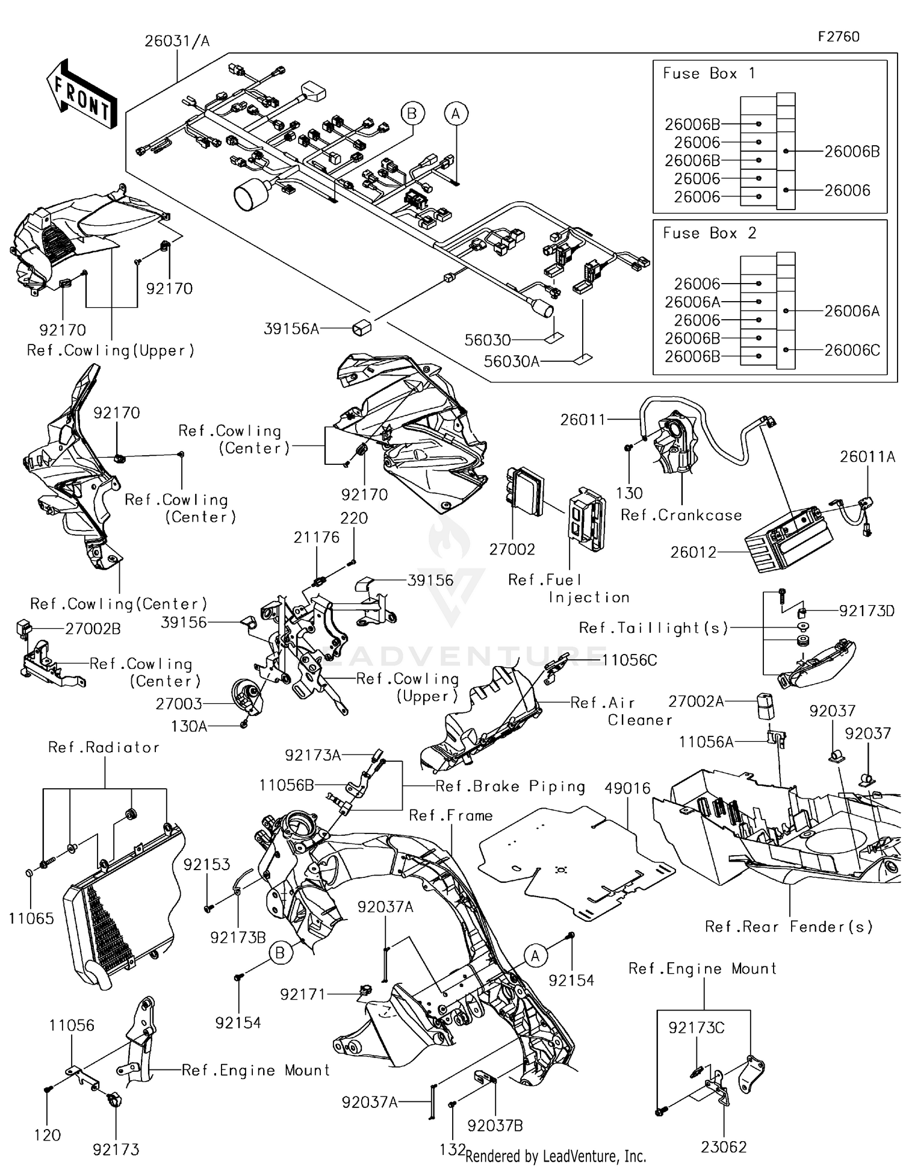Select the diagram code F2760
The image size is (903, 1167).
[838, 37]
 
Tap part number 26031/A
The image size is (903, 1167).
[176, 42]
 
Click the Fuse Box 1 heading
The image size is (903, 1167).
[708, 73]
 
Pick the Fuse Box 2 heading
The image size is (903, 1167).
[709, 233]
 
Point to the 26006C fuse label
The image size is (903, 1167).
[852, 350]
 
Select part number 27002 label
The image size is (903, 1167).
[512, 549]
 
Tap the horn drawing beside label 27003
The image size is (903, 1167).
[248, 696]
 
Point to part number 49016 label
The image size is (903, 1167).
[628, 788]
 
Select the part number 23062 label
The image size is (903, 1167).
[724, 1147]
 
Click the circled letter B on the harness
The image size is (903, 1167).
[412, 113]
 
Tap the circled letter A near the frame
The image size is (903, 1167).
[535, 956]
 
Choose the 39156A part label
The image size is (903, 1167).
[291, 329]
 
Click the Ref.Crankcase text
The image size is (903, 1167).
[681, 515]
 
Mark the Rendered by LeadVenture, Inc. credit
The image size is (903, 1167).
[555, 1156]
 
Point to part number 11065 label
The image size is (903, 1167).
[31, 918]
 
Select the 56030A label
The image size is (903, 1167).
[511, 361]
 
